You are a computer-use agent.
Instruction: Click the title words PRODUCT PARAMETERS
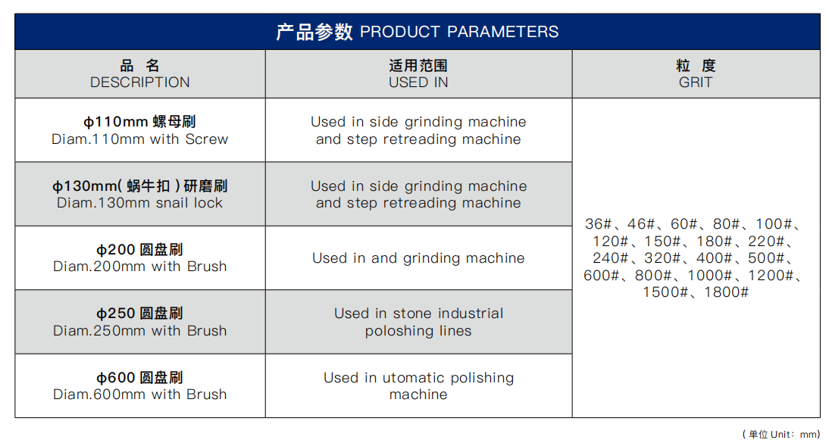459,32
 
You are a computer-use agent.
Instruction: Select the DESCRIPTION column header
139,83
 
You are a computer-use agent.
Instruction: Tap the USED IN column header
418,83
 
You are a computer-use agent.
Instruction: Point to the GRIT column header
696,83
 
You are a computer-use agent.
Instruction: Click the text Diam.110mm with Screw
139,139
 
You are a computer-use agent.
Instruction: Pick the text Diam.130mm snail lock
139,203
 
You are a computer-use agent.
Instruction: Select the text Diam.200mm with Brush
139,267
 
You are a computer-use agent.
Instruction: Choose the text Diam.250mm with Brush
139,331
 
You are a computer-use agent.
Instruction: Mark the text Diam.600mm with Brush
139,394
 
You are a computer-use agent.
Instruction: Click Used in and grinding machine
418,258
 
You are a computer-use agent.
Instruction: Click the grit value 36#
598,224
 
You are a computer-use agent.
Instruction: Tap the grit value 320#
662,258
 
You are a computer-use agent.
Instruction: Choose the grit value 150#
662,242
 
